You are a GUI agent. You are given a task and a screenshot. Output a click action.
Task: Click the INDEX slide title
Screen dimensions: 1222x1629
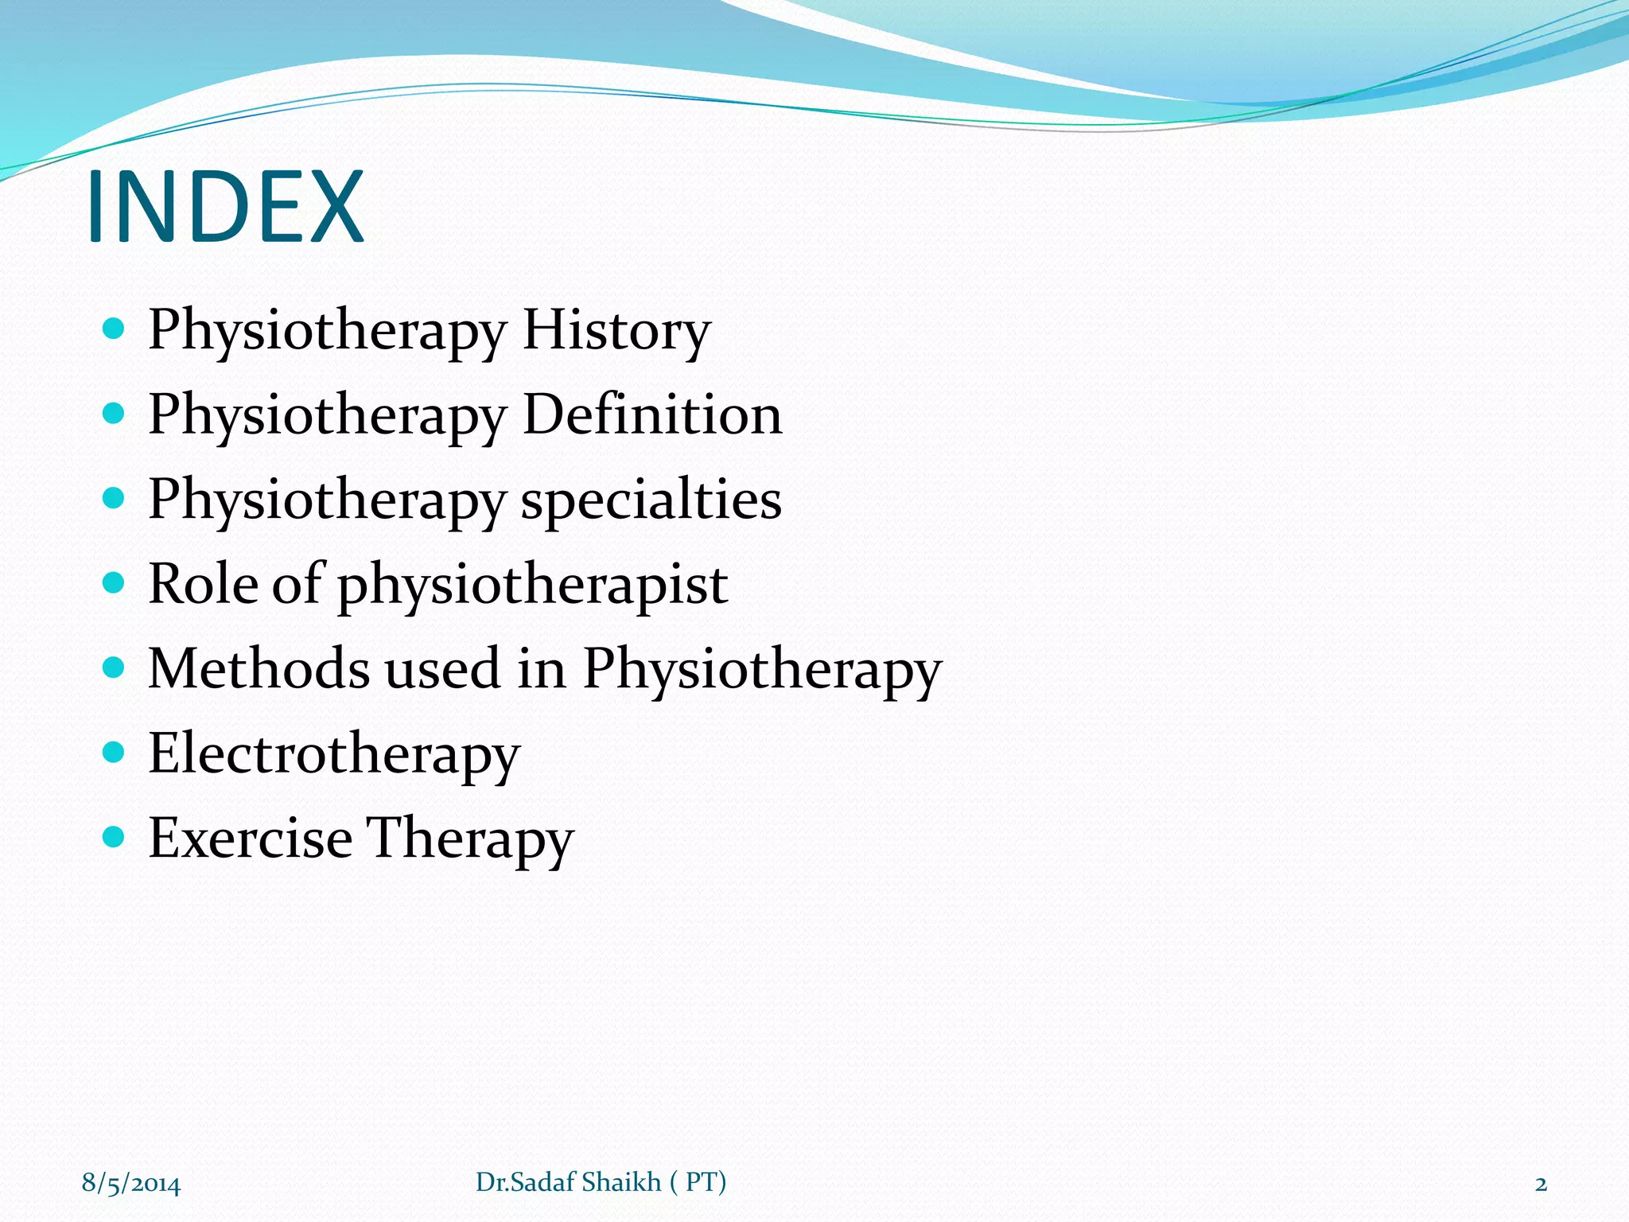point(225,206)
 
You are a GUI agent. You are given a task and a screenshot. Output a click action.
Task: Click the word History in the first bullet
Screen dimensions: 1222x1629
point(616,329)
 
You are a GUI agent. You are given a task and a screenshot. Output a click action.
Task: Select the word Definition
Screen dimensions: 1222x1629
point(652,414)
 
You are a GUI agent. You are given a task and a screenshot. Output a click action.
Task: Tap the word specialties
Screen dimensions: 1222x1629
point(651,500)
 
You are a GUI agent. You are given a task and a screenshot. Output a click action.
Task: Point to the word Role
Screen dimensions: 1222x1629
point(203,584)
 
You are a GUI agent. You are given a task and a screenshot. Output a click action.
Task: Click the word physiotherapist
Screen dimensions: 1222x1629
point(533,586)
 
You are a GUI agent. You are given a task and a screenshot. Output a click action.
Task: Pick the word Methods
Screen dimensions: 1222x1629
point(259,668)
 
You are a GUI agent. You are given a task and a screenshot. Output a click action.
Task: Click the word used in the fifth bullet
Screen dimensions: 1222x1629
point(443,670)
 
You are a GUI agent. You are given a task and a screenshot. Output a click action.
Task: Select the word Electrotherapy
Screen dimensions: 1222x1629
point(334,754)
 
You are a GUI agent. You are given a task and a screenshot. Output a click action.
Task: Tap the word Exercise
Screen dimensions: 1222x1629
point(250,838)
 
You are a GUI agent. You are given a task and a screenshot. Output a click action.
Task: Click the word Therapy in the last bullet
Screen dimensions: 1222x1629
point(469,839)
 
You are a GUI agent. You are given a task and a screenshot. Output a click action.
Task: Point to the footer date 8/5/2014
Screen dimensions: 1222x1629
point(131,1183)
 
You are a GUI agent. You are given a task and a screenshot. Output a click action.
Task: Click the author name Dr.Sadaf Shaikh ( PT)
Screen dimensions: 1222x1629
point(601,1182)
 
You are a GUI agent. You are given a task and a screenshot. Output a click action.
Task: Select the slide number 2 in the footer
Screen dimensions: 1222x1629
point(1541,1184)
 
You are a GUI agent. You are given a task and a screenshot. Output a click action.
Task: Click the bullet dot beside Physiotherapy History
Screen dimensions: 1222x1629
point(115,328)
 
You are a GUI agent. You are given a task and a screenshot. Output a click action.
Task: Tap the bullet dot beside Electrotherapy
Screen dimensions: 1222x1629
point(115,752)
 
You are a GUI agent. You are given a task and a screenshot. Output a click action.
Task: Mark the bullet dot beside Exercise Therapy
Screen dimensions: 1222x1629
point(115,836)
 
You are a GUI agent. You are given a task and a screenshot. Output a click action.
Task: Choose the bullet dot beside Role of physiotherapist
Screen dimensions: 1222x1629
point(115,582)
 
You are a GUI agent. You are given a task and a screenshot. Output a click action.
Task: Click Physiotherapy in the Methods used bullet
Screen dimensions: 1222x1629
point(762,670)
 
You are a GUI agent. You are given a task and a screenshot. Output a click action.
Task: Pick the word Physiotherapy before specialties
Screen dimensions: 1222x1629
point(327,500)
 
